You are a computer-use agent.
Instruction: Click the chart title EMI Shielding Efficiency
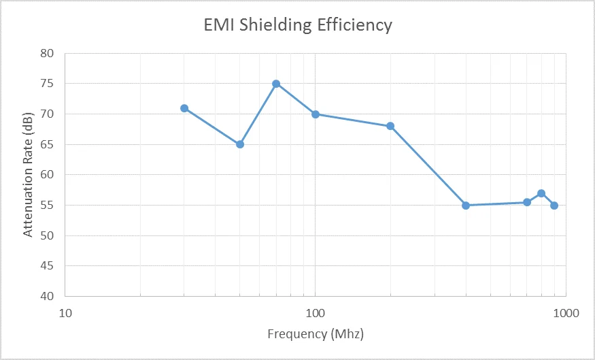[x=298, y=25]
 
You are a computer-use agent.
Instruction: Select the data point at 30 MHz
[x=184, y=108]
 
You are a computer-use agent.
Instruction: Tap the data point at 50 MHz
[x=240, y=144]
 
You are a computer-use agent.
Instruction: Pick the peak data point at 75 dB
[x=276, y=84]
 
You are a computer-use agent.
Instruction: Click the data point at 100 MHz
[x=316, y=114]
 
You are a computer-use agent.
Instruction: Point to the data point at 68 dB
[x=390, y=126]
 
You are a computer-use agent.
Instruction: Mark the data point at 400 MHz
[x=466, y=206]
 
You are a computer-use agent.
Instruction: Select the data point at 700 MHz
[x=527, y=202]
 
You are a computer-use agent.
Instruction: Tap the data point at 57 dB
[x=541, y=193]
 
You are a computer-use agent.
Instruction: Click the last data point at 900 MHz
[x=554, y=206]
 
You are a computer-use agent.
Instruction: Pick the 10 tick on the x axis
[x=65, y=313]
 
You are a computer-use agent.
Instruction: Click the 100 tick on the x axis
[x=316, y=313]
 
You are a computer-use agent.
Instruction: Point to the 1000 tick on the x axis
[x=566, y=313]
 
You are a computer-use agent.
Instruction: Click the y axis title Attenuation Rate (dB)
[x=28, y=175]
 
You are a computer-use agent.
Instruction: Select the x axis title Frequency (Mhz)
[x=315, y=334]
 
